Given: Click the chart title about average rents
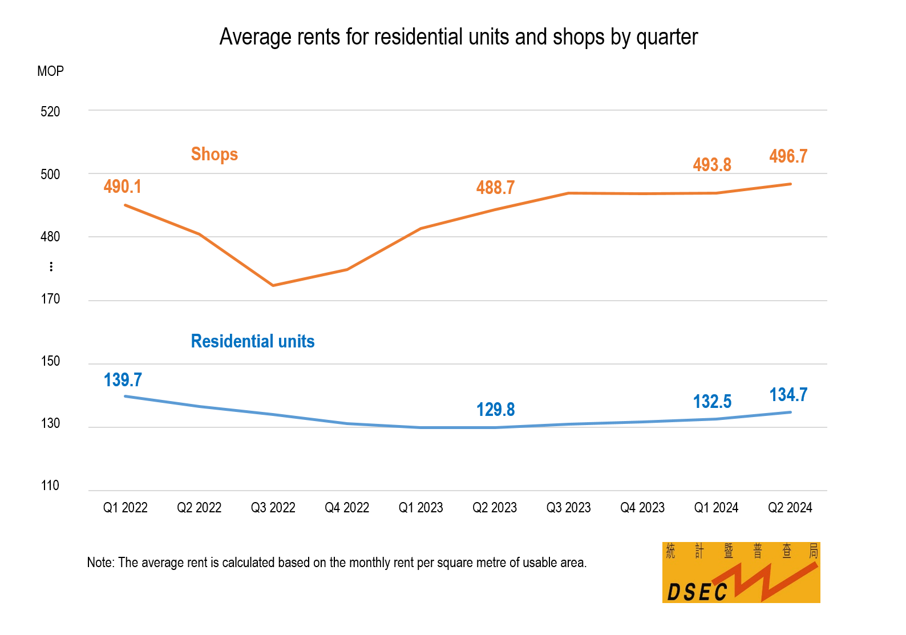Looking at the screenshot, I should (458, 37).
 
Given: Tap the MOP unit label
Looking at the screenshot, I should (50, 71).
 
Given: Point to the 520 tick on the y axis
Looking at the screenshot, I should (50, 112).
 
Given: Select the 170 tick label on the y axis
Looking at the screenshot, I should (50, 299).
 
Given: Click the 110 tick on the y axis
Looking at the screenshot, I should (50, 486).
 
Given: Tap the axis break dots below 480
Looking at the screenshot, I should (51, 266).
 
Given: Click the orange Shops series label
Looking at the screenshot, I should (214, 154).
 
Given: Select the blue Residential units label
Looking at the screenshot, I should (253, 341).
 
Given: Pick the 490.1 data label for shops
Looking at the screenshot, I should (122, 187).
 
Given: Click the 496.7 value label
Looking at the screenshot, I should (788, 156).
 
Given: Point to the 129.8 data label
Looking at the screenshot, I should (495, 410).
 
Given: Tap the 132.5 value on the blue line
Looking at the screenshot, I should (712, 402).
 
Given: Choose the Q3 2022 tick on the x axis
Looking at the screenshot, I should (273, 508).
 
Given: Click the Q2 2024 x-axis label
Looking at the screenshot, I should (790, 508).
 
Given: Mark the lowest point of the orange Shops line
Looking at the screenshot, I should (273, 285).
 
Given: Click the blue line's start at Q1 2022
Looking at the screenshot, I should (125, 396).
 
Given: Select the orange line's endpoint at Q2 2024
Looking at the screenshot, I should (790, 184).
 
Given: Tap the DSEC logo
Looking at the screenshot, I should (741, 572).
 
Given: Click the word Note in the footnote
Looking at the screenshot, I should (100, 563).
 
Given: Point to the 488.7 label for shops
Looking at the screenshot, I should (495, 188).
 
